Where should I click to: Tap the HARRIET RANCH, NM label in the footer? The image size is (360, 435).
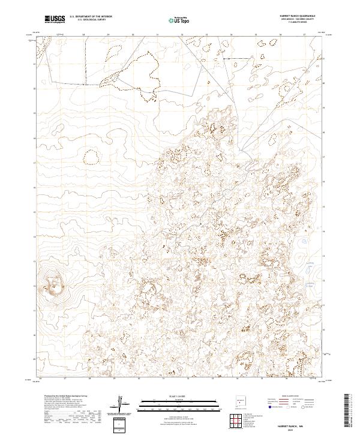click(298, 425)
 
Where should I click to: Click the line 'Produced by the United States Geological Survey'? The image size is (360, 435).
click(57, 397)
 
